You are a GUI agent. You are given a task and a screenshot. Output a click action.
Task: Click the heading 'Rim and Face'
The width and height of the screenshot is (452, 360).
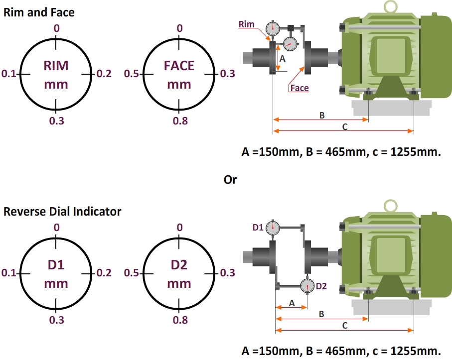[39, 12]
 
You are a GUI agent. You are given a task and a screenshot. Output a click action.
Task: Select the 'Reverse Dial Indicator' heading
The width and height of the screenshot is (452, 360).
[62, 211]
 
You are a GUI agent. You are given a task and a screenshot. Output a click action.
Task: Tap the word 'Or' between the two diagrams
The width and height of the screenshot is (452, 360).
[230, 180]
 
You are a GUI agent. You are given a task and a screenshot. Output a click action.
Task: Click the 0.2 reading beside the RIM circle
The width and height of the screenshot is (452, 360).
[104, 74]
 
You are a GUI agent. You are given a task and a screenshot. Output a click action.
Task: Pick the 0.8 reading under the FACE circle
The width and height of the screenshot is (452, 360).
[180, 120]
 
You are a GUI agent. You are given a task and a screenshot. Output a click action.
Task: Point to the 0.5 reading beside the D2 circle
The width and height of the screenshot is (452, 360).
[131, 273]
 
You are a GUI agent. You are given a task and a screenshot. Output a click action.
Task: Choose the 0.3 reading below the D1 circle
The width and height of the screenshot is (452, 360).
[56, 320]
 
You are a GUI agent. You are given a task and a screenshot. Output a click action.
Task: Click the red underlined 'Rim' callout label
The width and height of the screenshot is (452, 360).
[246, 24]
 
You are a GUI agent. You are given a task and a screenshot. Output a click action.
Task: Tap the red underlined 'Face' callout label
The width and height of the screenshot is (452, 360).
[299, 88]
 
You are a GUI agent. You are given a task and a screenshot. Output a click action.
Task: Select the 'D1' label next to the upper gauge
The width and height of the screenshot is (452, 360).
[258, 228]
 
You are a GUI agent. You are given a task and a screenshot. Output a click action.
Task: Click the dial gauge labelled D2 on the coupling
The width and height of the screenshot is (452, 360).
[307, 286]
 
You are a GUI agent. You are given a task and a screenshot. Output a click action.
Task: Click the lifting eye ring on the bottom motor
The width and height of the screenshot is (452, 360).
[389, 205]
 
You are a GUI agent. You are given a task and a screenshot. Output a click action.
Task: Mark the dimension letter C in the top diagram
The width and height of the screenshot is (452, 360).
[344, 126]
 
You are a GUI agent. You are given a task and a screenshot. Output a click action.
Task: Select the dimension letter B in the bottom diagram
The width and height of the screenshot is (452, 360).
[321, 314]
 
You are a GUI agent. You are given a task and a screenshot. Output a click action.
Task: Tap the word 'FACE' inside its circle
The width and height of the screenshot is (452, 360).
[179, 66]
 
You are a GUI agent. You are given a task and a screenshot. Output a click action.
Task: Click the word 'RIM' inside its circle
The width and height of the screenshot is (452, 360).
[56, 66]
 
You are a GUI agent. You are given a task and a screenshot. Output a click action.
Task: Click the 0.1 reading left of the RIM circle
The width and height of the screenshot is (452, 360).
[9, 74]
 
